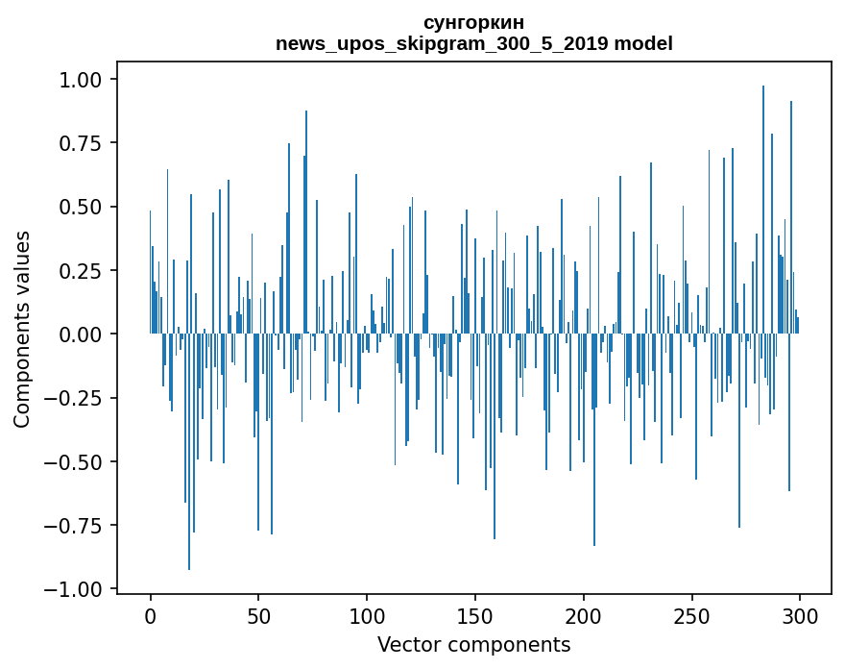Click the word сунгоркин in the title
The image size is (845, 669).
point(473,22)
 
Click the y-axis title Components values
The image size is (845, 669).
point(22,329)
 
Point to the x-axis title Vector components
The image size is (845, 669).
point(473,645)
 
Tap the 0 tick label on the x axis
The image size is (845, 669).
point(151,615)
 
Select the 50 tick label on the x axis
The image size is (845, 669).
point(258,615)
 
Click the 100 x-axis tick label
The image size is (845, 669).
point(367,615)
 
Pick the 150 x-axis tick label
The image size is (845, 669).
point(475,615)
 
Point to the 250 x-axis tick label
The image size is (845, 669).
point(691,615)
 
